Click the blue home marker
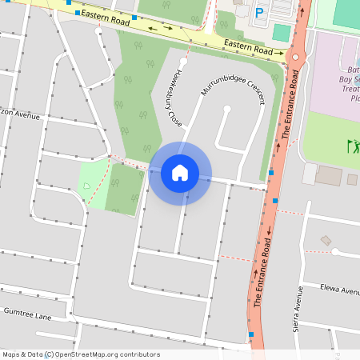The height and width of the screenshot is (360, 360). click(180, 173)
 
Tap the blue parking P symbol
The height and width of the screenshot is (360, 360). click(259, 13)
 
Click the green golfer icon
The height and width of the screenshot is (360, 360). click(352, 146)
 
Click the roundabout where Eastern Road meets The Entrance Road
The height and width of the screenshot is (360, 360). click(295, 58)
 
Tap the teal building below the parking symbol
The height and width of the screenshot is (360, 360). click(281, 33)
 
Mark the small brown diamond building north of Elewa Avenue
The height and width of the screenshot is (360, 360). click(326, 240)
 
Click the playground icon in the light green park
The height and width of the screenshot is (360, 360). click(86, 186)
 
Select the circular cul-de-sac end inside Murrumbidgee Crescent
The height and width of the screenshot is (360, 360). click(228, 110)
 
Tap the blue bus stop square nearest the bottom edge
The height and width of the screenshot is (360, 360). click(250, 334)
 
